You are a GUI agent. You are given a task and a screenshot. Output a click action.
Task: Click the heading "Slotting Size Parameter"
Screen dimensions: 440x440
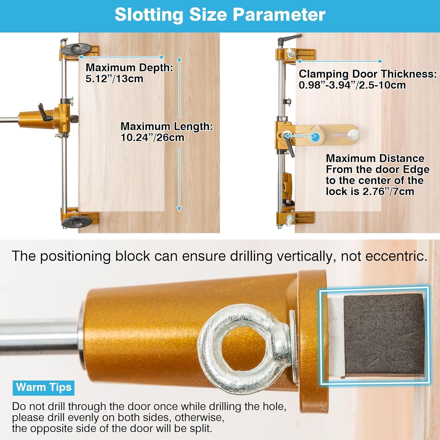coord(220,15)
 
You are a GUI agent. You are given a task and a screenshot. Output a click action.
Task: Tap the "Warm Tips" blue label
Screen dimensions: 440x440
coord(44,387)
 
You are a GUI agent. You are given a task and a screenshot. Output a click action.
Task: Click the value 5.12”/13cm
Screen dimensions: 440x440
coord(114,79)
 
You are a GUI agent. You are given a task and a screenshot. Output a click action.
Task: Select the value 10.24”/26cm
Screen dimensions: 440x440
coord(152,138)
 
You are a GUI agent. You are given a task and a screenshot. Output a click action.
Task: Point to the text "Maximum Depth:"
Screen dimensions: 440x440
coord(129,67)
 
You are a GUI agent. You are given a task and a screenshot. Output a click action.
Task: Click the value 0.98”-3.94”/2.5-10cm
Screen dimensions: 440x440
coord(352,85)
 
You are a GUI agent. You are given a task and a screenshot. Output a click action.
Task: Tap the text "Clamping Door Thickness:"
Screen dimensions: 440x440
coord(368,74)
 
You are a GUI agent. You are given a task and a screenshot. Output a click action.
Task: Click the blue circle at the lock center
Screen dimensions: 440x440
coord(316,136)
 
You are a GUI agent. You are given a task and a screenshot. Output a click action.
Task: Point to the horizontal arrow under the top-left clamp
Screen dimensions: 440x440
coord(121,57)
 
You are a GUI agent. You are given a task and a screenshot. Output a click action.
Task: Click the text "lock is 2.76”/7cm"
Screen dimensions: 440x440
coord(370,192)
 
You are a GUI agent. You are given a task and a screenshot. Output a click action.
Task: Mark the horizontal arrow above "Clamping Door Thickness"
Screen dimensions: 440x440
coord(339,61)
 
